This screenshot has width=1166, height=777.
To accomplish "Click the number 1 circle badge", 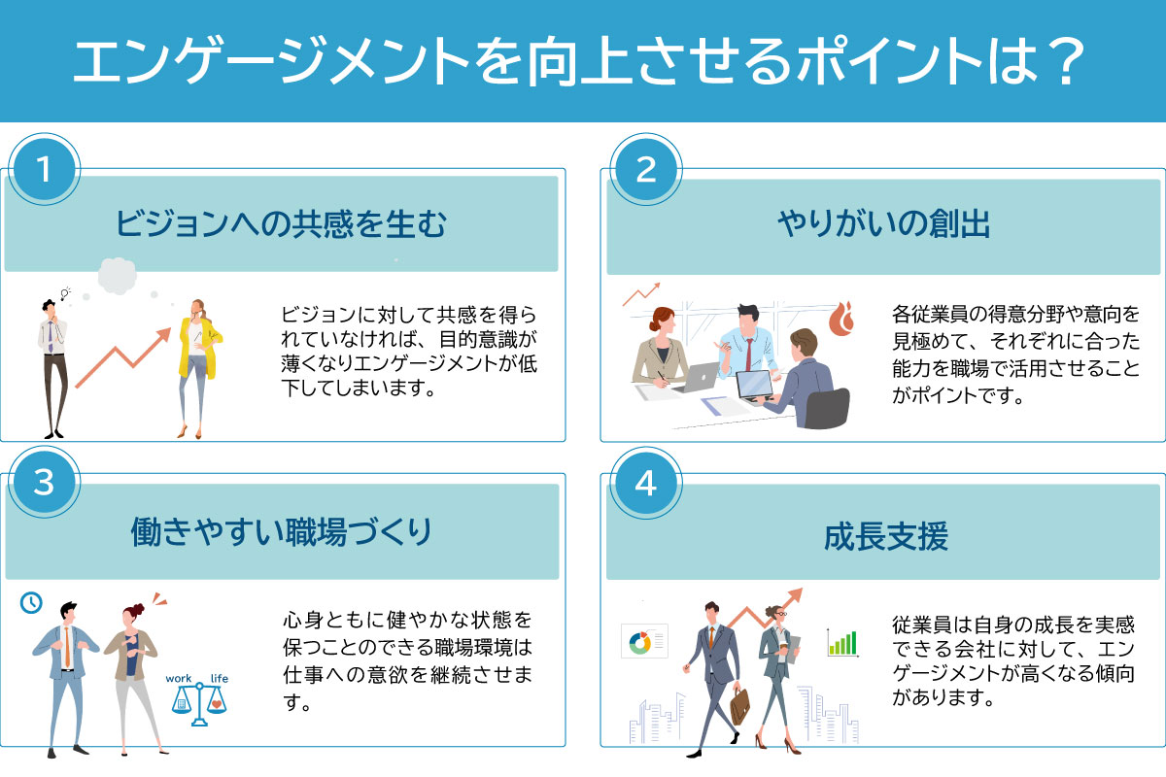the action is (45, 169).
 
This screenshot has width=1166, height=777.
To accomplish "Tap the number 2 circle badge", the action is (646, 169).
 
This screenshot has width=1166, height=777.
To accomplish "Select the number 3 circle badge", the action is (45, 482).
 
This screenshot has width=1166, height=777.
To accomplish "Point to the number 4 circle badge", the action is (646, 483).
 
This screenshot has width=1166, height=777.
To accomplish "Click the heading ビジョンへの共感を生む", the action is (281, 224).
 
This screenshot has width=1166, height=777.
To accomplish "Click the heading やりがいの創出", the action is (883, 224).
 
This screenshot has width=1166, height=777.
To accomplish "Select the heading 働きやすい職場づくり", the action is (281, 532).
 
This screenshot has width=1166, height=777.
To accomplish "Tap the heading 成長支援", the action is (885, 536).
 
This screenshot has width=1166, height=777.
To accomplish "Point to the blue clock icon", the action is (31, 602).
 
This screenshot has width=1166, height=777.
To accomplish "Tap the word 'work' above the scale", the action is (179, 678).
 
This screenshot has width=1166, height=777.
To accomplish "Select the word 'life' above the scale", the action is (220, 678).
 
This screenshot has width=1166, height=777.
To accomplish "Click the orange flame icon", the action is (841, 319).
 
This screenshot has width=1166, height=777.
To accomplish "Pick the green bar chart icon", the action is (841, 642).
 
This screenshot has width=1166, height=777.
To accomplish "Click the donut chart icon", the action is (640, 642).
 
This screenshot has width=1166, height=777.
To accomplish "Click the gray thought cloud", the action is (118, 276).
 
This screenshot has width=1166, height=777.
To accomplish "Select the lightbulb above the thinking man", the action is (65, 293).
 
